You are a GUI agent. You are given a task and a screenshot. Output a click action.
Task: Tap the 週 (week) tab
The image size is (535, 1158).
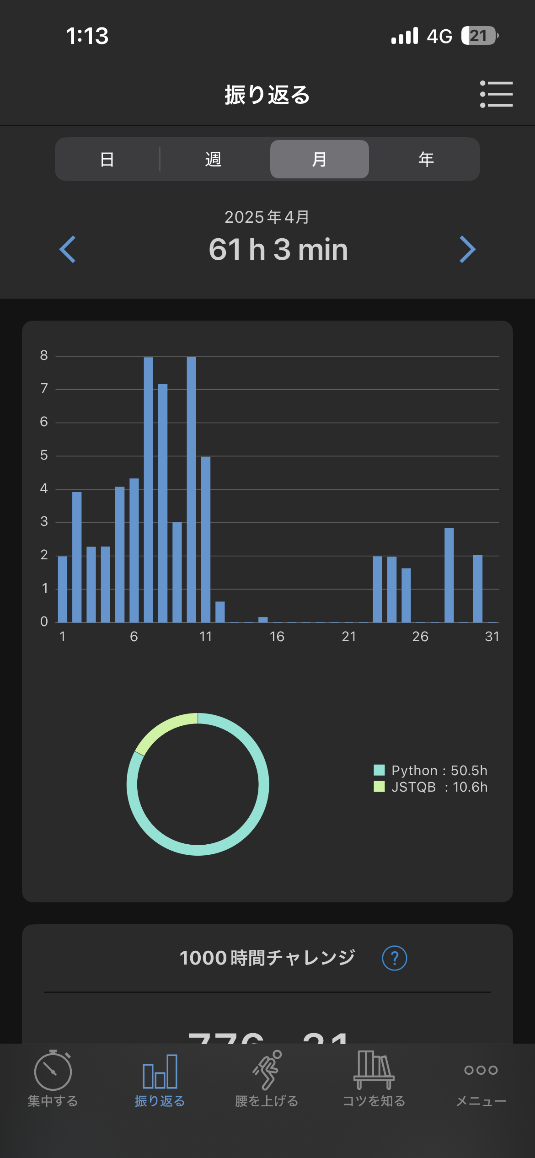pyautogui.click(x=213, y=159)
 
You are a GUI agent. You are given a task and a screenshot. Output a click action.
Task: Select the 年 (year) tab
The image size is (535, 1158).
pyautogui.click(x=426, y=159)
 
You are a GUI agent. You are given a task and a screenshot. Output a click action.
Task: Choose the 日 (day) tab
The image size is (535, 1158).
pyautogui.click(x=107, y=159)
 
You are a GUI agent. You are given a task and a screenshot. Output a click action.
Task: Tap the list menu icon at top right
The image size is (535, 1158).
pyautogui.click(x=496, y=94)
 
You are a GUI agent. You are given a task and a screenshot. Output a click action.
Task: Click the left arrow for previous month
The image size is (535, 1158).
pyautogui.click(x=68, y=249)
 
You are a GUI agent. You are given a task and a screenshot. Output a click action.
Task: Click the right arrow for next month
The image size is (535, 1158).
pyautogui.click(x=467, y=249)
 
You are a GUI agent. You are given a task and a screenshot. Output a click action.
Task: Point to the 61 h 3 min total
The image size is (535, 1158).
pyautogui.click(x=278, y=250)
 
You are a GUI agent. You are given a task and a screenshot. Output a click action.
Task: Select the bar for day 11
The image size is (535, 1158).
pyautogui.click(x=206, y=540)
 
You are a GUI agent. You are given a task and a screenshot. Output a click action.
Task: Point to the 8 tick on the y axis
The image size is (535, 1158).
pyautogui.click(x=44, y=355)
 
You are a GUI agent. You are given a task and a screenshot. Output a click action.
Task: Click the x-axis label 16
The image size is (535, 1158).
pyautogui.click(x=277, y=637)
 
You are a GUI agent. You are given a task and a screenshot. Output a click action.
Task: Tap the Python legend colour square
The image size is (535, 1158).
pyautogui.click(x=379, y=770)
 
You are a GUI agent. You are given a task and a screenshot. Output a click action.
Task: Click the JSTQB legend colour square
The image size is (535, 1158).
pyautogui.click(x=379, y=787)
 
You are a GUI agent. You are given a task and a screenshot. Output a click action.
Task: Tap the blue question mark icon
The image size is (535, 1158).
pyautogui.click(x=394, y=958)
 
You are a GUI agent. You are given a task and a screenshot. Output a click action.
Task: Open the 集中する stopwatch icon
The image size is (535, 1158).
pyautogui.click(x=53, y=1070)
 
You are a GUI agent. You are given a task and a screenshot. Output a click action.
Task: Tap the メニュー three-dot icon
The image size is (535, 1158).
pyautogui.click(x=481, y=1070)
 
